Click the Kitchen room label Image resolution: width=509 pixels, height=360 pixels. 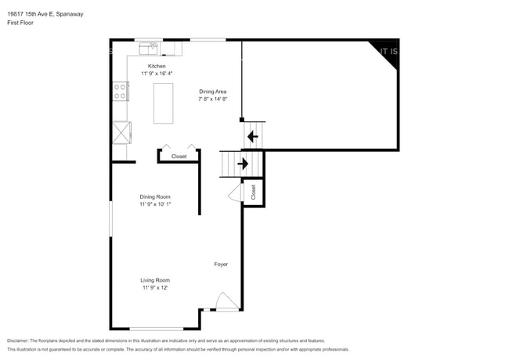coord(157,67)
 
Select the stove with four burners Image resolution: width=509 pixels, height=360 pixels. coord(121,92)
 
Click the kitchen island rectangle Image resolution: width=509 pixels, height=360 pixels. coord(164,102)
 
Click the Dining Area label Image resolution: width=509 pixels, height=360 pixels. coord(212,92)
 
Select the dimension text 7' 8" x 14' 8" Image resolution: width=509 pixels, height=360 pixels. coord(212,99)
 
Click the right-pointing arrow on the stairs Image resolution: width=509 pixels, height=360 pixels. coord(243,164)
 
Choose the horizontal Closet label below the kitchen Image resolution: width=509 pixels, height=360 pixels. coord(179,157)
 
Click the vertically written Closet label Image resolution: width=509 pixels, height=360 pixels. coord(254,191)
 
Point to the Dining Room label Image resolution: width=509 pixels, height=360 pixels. coord(155,196)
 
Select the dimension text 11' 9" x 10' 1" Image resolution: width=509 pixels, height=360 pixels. coord(155,204)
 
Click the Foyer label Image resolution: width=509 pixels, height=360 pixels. coord(221,265)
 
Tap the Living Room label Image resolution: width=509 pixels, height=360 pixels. coord(155,280)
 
